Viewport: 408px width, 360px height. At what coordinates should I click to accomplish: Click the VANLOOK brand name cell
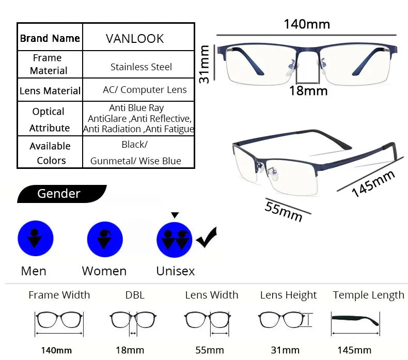click(135, 39)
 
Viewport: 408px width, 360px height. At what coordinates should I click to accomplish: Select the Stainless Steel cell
click(141, 67)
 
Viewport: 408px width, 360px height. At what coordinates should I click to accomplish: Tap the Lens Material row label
click(50, 91)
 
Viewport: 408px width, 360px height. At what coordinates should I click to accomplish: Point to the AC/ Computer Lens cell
click(145, 90)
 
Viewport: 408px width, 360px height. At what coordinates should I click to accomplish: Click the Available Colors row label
click(50, 153)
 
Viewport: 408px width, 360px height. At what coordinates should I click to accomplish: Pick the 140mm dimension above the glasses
click(307, 24)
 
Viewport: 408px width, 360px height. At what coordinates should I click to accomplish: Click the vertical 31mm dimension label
click(205, 64)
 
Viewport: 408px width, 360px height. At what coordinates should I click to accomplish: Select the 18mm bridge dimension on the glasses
click(308, 91)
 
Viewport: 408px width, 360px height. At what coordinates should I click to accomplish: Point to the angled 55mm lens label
click(284, 210)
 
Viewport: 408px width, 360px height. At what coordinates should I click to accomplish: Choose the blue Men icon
click(35, 238)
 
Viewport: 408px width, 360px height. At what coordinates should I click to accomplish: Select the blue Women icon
click(105, 239)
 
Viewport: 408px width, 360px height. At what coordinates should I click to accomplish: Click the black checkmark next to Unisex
click(207, 238)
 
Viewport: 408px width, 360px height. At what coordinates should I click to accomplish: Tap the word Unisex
click(176, 271)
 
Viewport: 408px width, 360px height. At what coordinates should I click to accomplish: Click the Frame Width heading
click(59, 295)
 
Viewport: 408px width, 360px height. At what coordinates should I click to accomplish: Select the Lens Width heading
click(212, 295)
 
